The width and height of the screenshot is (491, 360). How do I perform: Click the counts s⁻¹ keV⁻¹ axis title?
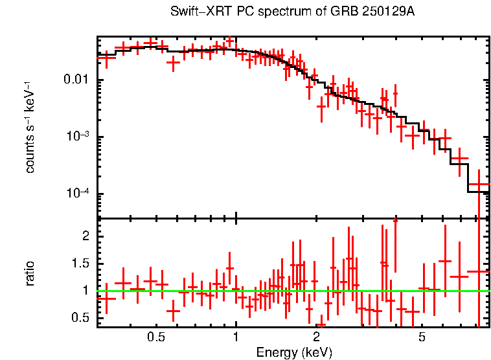pyautogui.click(x=30, y=128)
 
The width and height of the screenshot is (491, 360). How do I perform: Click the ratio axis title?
pyautogui.click(x=30, y=273)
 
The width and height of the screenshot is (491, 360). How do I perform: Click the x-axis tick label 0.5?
pyautogui.click(x=155, y=337)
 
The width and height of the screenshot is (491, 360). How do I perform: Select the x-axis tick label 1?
pyautogui.click(x=236, y=337)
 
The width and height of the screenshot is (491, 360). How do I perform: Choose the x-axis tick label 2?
pyautogui.click(x=316, y=337)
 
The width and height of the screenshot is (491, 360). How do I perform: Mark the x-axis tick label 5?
pyautogui.click(x=422, y=337)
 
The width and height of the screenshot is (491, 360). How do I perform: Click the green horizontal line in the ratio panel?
pyautogui.click(x=291, y=291)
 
